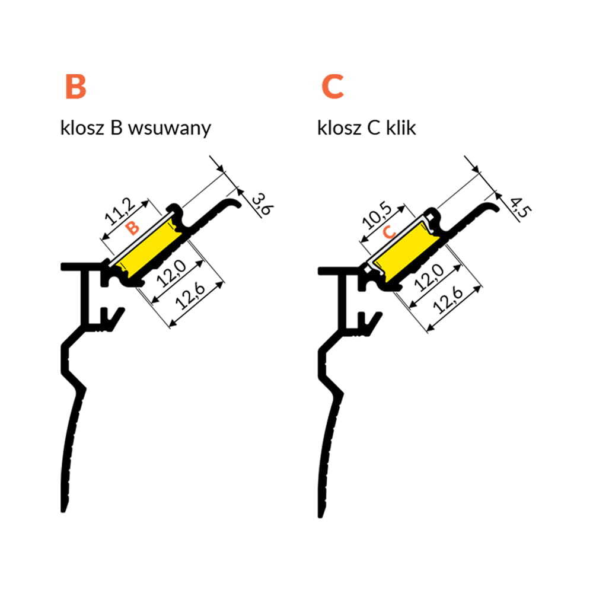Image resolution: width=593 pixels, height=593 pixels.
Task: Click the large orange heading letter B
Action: click(76, 87)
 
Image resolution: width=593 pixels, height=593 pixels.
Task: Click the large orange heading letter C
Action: click(333, 87)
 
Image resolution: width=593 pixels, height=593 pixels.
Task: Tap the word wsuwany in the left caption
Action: click(170, 129)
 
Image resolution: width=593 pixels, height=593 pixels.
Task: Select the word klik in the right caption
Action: click(401, 128)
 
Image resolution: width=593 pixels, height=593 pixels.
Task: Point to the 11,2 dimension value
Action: click(120, 212)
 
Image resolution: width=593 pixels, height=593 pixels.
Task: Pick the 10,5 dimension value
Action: click(377, 216)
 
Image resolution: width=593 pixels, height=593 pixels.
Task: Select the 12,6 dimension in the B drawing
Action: click(190, 296)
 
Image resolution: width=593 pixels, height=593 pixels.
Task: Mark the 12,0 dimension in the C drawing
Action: click(429, 278)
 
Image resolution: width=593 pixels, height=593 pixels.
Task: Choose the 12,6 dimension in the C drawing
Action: click(448, 301)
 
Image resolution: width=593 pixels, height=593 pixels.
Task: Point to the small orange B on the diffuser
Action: click(132, 228)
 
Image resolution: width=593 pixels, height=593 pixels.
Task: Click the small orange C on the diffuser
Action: click(389, 232)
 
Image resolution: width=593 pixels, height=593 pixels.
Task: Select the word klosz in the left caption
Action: click(82, 128)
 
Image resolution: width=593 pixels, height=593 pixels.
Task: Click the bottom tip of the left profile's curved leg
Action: click(64, 511)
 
